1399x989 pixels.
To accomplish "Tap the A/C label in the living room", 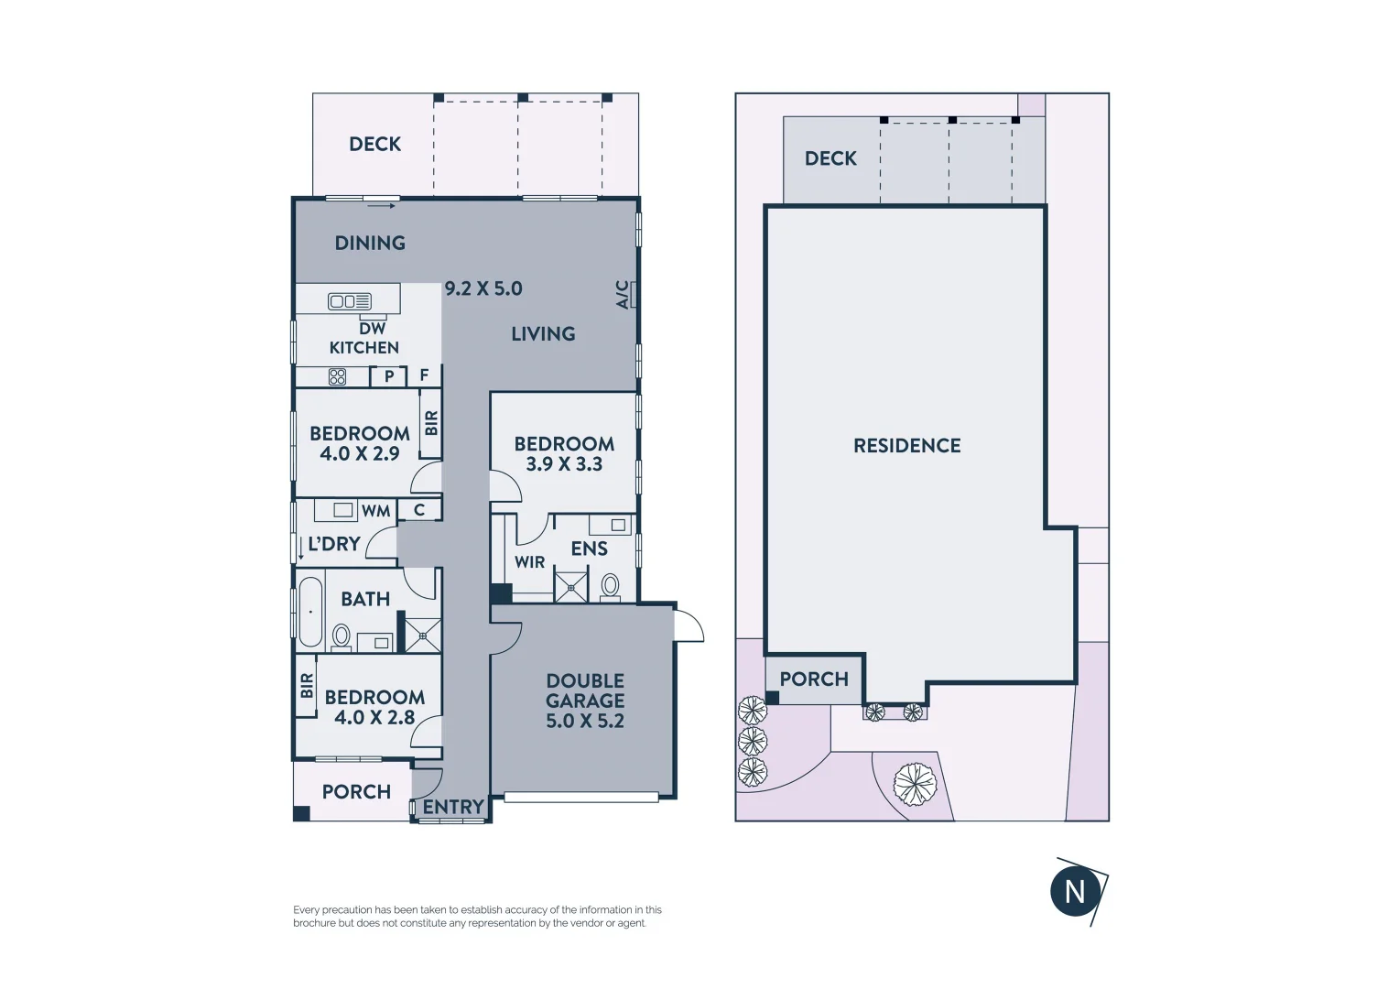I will pyautogui.click(x=623, y=294).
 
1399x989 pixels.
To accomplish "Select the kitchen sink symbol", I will pyautogui.click(x=350, y=301).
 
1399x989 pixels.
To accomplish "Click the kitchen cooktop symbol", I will pyautogui.click(x=338, y=376).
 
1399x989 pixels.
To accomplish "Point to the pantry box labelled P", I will pyautogui.click(x=389, y=376).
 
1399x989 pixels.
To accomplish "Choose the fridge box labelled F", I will pyautogui.click(x=424, y=375).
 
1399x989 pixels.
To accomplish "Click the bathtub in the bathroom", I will pyautogui.click(x=310, y=611).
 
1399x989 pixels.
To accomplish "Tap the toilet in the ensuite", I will pyautogui.click(x=610, y=585).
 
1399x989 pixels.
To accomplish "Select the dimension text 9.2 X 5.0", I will pyautogui.click(x=483, y=288).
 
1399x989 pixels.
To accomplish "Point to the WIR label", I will pyautogui.click(x=529, y=562).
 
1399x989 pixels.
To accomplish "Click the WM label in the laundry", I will pyautogui.click(x=375, y=511).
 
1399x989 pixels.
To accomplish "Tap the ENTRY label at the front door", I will pyautogui.click(x=453, y=807).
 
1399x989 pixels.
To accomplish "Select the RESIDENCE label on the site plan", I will pyautogui.click(x=906, y=446).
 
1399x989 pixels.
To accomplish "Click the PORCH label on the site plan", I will pyautogui.click(x=814, y=679).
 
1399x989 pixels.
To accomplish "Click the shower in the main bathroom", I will pyautogui.click(x=423, y=635).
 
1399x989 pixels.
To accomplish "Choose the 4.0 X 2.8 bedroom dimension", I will pyautogui.click(x=374, y=718).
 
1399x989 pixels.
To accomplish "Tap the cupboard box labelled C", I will pyautogui.click(x=419, y=510).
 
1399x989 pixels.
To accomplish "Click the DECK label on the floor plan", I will pyautogui.click(x=374, y=144).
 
